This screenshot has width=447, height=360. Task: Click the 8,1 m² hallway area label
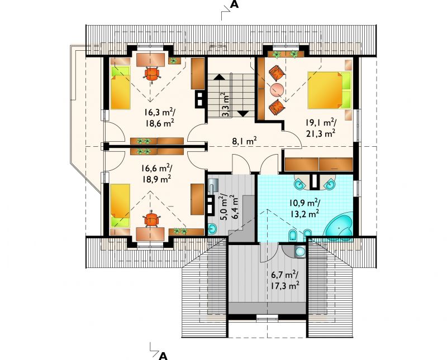(244, 141)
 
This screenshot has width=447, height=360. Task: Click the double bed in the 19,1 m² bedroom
(329, 90)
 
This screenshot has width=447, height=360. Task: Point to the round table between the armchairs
(277, 90)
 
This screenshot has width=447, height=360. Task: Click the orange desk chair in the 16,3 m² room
(152, 74)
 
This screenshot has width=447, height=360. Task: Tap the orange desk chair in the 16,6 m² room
(151, 219)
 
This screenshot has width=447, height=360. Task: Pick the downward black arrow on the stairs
(243, 113)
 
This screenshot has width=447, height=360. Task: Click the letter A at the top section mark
(234, 5)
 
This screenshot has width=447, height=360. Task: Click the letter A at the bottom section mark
(163, 356)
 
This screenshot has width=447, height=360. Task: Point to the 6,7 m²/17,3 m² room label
(285, 280)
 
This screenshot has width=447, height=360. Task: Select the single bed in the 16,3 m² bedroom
(120, 87)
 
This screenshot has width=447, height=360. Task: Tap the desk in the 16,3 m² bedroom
(150, 60)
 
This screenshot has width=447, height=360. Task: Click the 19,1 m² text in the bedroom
(321, 123)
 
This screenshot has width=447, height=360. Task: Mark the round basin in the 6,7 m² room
(299, 252)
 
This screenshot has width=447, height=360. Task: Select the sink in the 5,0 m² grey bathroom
(212, 228)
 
